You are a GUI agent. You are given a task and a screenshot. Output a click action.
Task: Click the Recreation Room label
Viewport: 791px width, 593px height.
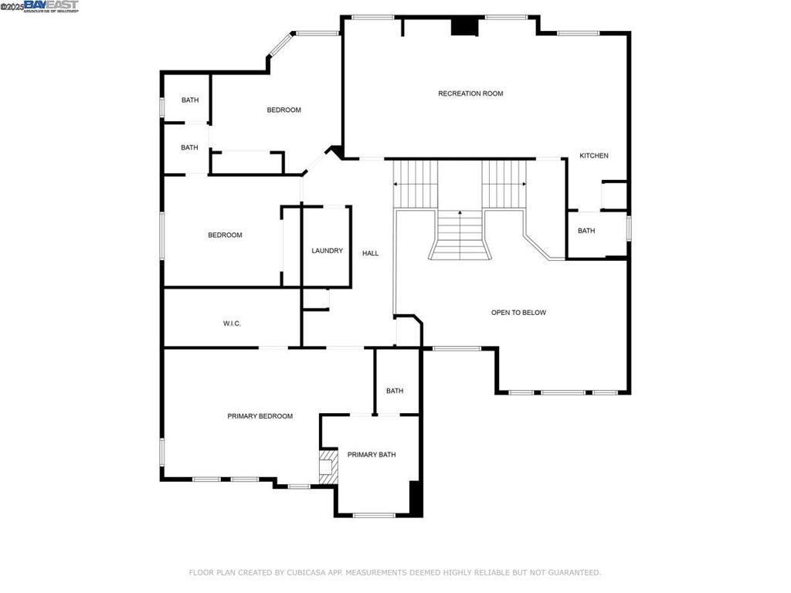[470, 93]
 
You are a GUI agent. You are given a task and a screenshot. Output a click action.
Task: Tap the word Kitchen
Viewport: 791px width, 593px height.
[594, 156]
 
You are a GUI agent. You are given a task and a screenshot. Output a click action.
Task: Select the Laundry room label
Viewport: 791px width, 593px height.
[327, 251]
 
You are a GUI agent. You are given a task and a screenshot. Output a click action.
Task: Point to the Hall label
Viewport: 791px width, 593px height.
[371, 253]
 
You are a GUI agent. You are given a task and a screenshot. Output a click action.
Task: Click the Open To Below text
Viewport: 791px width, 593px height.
[518, 313]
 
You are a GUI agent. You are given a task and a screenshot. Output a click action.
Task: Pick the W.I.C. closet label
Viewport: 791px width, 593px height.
[232, 324]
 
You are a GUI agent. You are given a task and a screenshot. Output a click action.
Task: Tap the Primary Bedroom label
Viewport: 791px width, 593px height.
[260, 416]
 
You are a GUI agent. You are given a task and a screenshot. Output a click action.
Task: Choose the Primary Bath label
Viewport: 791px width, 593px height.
[371, 455]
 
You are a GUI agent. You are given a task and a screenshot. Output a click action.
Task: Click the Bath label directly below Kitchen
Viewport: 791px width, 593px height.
[586, 231]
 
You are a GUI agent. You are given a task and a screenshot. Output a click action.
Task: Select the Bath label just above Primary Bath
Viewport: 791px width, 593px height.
[395, 391]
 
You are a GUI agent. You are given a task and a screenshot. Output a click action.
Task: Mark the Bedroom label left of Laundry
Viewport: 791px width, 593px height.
[225, 236]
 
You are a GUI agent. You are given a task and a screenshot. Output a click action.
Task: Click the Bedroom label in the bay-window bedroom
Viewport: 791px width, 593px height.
[283, 110]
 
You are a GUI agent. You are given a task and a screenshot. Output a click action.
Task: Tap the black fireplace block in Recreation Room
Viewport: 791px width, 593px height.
[464, 26]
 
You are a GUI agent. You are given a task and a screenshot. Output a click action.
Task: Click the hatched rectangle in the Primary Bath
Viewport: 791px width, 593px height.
[328, 468]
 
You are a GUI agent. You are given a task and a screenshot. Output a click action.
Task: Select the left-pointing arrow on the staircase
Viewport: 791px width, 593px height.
[396, 185]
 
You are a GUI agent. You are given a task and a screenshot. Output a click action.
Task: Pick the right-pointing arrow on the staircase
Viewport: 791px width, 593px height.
[525, 185]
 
